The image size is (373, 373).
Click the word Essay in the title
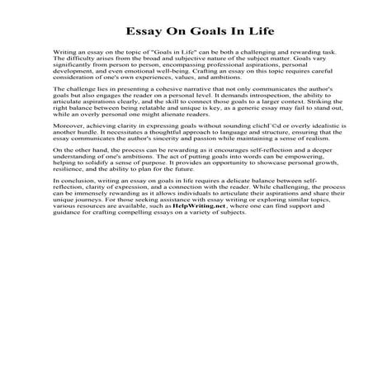coord(144,32)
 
